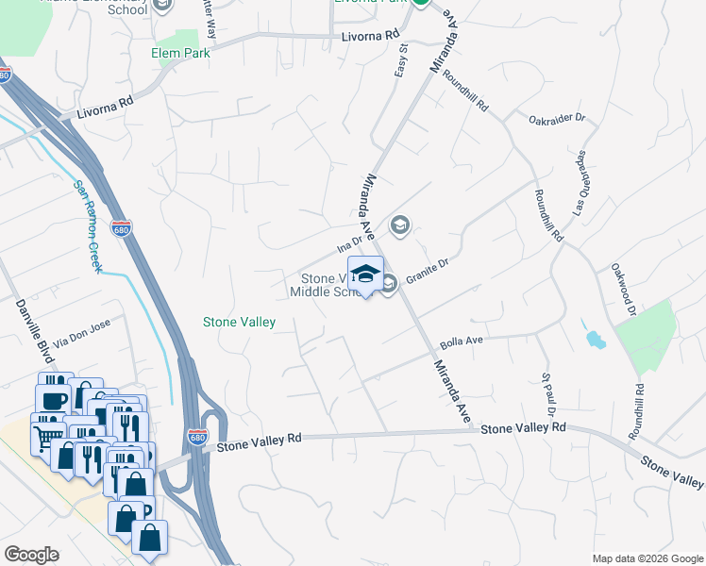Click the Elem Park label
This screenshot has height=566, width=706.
coord(180,54)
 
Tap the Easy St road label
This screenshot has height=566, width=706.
coord(401,59)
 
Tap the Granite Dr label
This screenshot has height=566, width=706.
coord(426,275)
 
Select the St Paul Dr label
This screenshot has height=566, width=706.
coord(546,394)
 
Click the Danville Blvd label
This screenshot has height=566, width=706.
coord(24,325)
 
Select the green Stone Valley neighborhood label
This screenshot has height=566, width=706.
coord(240,323)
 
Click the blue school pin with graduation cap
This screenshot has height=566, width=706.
coord(365,275)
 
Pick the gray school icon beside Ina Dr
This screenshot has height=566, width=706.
coord(400,225)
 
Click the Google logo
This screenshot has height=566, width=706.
coord(31,555)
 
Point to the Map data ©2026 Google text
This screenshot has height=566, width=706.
coord(647,558)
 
